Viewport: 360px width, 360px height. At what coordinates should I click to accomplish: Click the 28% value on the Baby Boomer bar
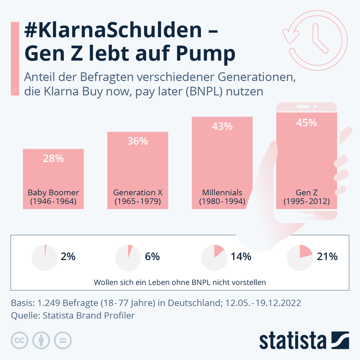53,158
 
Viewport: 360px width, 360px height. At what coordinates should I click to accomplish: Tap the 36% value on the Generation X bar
138,141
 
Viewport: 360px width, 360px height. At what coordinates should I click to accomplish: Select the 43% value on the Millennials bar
222,127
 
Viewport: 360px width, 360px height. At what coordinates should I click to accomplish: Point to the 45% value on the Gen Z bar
306,123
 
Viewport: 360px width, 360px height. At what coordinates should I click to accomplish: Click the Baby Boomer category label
53,193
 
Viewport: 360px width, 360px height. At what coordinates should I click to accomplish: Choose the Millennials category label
222,193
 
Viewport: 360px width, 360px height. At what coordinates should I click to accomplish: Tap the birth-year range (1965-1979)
138,201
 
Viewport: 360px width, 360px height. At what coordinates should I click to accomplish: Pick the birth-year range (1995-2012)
307,201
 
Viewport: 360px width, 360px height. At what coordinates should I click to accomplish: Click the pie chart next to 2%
45,258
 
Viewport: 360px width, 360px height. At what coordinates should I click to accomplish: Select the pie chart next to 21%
300,258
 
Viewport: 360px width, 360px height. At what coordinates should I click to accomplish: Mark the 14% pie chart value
241,257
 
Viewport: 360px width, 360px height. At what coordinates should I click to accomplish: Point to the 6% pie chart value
152,257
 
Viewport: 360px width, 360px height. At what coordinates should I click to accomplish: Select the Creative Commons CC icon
19,340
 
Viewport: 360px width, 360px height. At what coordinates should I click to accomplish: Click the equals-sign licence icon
63,340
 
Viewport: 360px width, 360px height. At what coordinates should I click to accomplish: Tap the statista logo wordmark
292,341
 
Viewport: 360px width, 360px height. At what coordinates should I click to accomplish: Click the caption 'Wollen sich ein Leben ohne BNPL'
180,283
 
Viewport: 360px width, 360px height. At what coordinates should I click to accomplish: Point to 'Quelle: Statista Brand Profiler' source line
73,316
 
